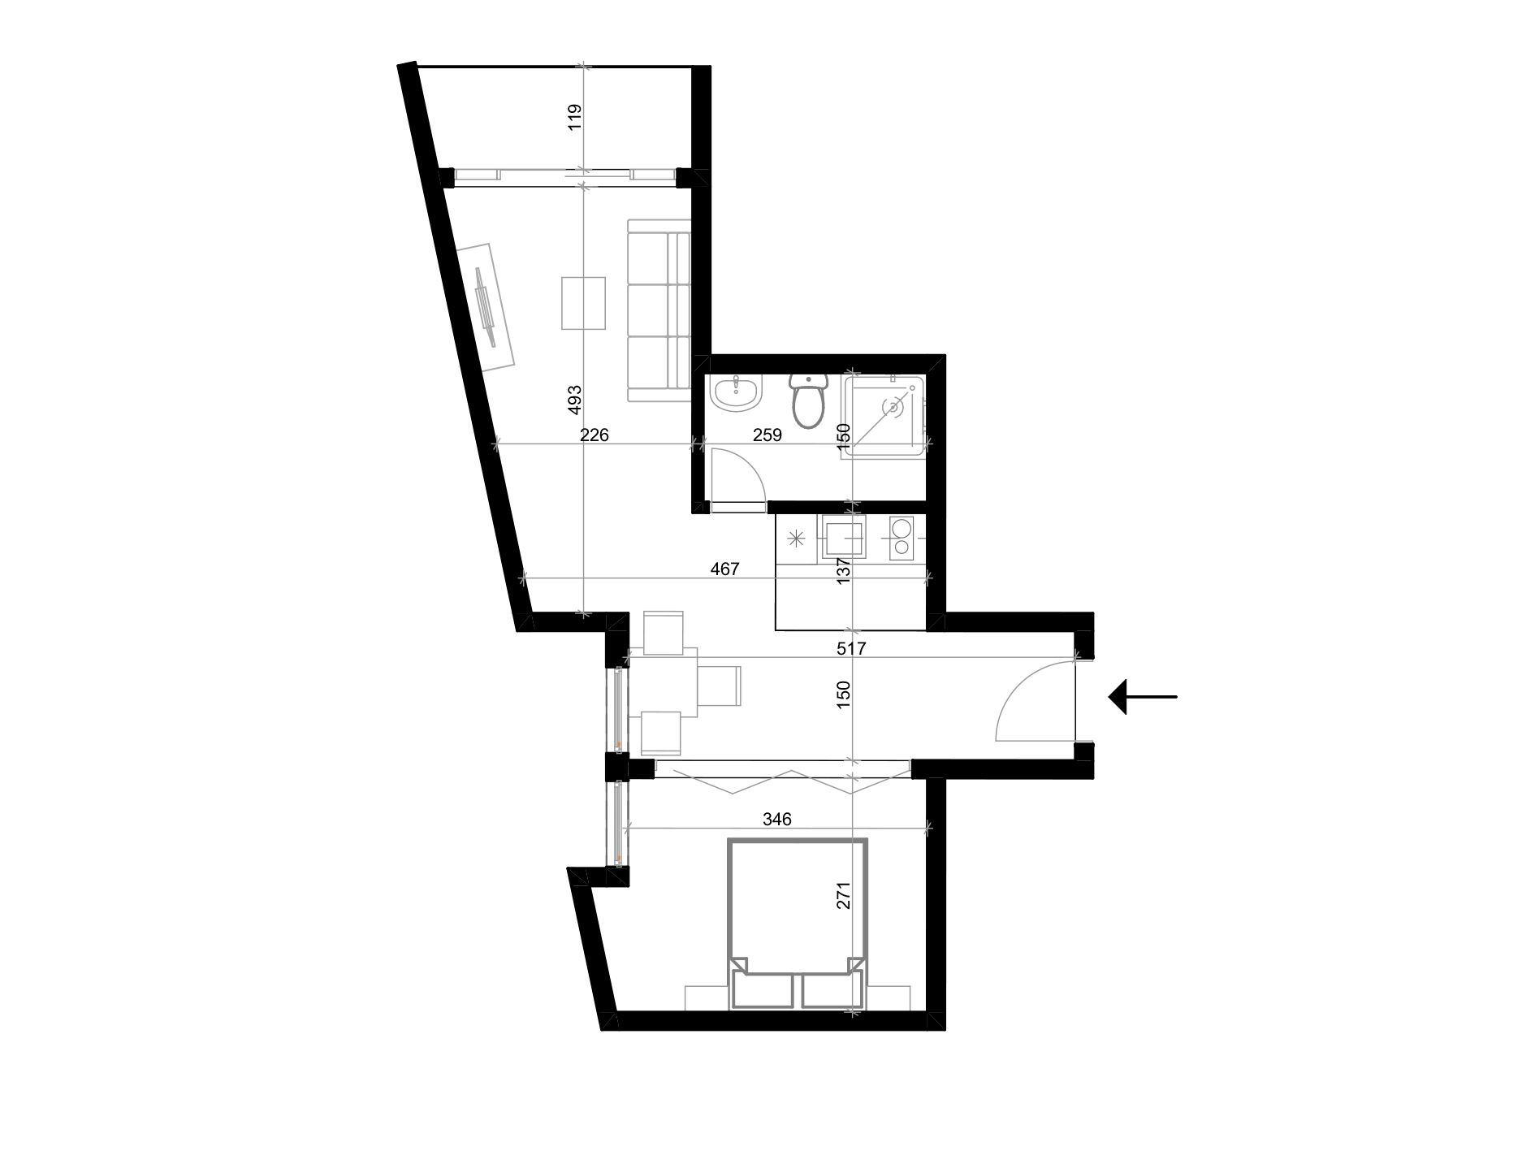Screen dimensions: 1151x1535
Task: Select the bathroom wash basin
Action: [x=737, y=394]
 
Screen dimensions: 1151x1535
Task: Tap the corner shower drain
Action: [x=893, y=405]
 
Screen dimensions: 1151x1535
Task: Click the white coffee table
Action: [x=583, y=303]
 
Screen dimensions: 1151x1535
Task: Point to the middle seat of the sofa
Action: [x=658, y=308]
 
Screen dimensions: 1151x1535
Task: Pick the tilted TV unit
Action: [x=486, y=308]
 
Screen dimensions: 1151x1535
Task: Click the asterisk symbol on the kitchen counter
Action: [x=796, y=538]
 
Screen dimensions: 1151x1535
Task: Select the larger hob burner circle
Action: [x=902, y=528]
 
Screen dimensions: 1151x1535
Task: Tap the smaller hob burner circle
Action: [x=901, y=548]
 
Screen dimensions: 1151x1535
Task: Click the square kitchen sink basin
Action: [x=842, y=537]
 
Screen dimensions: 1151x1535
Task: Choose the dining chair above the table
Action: [x=664, y=633]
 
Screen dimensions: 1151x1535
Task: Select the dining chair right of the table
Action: [x=719, y=686]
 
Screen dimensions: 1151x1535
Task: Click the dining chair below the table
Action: [x=661, y=733]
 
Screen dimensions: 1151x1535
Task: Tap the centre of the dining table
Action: [x=663, y=683]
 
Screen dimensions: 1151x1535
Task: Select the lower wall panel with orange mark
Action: [x=617, y=823]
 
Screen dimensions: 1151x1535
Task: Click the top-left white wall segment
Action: [x=478, y=174]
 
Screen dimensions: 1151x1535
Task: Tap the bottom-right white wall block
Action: [x=889, y=998]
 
